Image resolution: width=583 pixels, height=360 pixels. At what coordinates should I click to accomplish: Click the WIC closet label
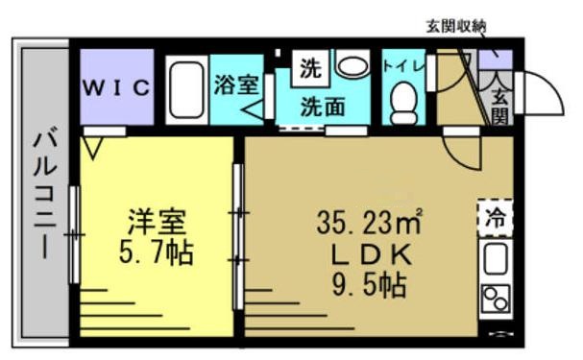click(x=116, y=88)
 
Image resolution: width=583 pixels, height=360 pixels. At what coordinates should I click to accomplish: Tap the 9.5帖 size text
click(x=371, y=284)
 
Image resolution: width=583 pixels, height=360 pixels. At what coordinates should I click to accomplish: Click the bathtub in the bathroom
click(x=184, y=88)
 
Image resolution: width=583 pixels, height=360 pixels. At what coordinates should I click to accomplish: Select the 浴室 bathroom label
click(x=234, y=84)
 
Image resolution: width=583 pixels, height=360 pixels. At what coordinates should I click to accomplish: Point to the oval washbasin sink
click(x=352, y=66)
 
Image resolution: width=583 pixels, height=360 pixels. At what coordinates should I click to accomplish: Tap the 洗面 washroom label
click(x=322, y=106)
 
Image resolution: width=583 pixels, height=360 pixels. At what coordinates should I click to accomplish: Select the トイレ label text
click(x=400, y=67)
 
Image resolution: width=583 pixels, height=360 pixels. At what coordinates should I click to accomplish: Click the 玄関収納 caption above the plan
click(x=457, y=26)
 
